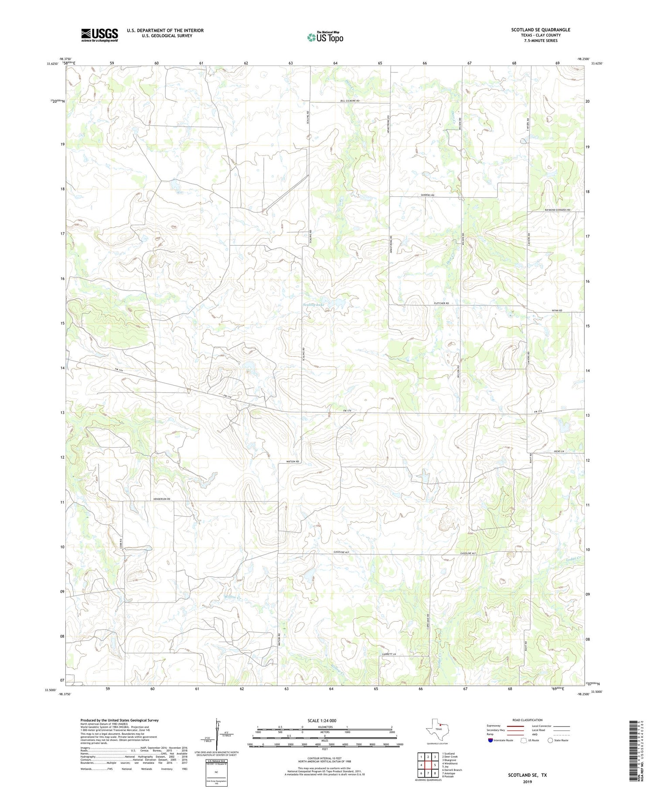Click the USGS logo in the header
99,35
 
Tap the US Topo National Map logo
325,38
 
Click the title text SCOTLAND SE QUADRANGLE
540,30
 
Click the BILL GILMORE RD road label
350,101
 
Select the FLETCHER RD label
441,303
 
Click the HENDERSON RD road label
161,499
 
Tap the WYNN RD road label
557,310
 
